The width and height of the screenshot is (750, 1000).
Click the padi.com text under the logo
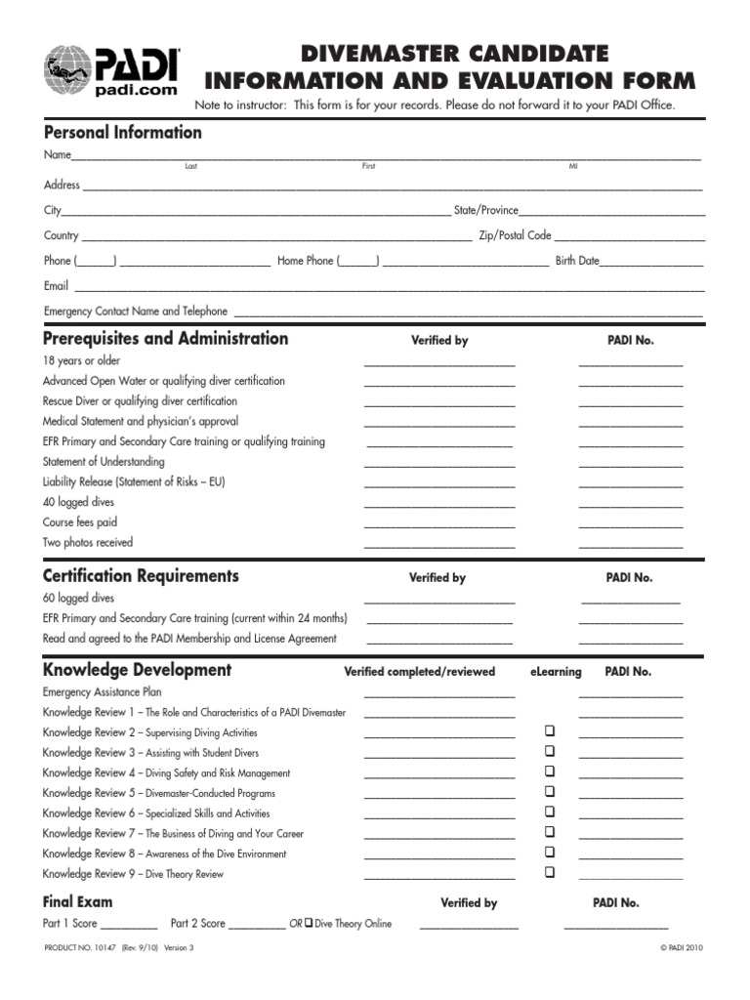click(136, 90)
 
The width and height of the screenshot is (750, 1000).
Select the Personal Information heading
click(122, 133)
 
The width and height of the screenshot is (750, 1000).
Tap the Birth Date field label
click(576, 261)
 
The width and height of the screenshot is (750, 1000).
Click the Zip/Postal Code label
click(515, 235)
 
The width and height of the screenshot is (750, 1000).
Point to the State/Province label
click(485, 210)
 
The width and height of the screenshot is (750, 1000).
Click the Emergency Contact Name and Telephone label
click(136, 312)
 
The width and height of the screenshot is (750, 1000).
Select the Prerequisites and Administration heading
click(165, 339)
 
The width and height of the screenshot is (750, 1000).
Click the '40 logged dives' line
click(79, 502)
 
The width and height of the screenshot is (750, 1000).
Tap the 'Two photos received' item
click(87, 542)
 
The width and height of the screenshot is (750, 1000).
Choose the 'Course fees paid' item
click(79, 522)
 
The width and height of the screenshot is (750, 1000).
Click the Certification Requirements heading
click(141, 576)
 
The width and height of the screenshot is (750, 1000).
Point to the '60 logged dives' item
click(79, 598)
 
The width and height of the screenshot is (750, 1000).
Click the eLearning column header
click(556, 672)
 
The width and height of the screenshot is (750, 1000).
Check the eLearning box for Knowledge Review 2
click(549, 731)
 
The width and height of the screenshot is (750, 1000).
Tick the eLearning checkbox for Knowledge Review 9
click(549, 872)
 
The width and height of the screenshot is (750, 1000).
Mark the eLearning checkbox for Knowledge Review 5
click(549, 791)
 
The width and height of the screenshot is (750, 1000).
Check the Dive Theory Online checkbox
click(308, 923)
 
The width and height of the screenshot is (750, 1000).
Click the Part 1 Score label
click(69, 924)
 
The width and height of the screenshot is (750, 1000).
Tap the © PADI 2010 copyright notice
click(682, 947)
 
